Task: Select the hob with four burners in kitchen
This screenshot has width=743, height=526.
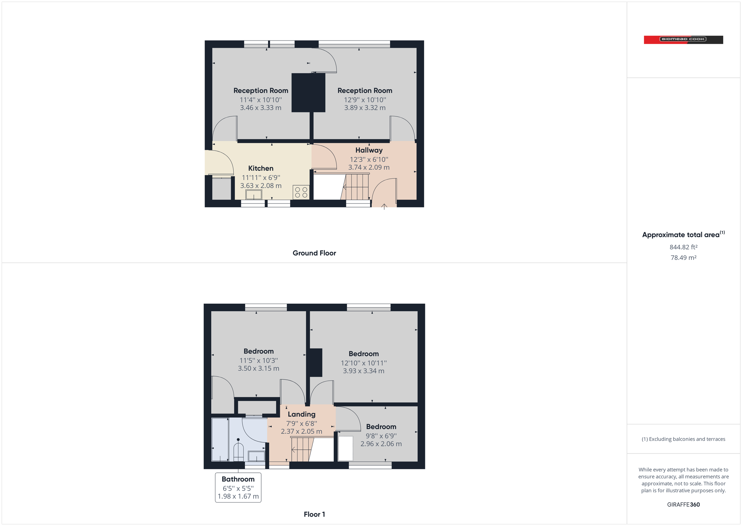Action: [301, 192]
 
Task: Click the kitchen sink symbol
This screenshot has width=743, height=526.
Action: [254, 195]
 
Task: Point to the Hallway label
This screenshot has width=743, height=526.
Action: [369, 150]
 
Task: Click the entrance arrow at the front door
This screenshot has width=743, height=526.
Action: [384, 207]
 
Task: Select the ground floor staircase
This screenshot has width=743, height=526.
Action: [356, 187]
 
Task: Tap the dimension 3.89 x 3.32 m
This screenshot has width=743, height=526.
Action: [364, 108]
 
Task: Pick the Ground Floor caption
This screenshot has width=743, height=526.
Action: [314, 253]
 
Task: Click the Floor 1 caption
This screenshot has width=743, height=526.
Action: [314, 514]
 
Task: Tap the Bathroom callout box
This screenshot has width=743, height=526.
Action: [238, 488]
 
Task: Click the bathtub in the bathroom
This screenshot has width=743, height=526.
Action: [220, 440]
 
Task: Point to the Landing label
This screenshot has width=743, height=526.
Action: [301, 414]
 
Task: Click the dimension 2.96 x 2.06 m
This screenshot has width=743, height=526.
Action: [381, 444]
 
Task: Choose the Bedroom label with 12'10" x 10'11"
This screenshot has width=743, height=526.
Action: [363, 354]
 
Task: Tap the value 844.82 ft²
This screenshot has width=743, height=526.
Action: [683, 247]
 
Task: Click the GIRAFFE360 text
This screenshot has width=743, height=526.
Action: [683, 505]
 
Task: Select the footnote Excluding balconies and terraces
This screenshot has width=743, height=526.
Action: [683, 439]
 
